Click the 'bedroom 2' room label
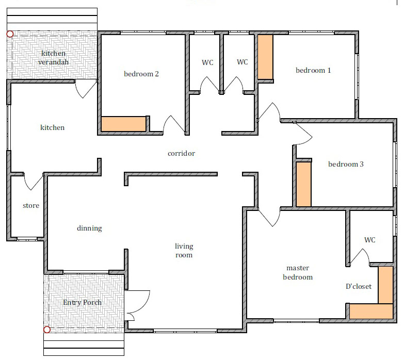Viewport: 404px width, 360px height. point(141,74)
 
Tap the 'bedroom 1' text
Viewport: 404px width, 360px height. point(313,70)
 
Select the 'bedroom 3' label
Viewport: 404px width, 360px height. point(346,164)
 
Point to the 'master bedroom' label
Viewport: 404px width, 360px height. point(298,272)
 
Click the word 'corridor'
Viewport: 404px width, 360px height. point(182,154)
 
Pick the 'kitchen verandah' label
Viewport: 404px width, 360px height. point(53,57)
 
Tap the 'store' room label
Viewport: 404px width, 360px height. point(31,205)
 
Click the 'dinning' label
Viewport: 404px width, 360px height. point(89,228)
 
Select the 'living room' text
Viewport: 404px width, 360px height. point(184,250)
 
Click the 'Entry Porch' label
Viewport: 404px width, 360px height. point(82,302)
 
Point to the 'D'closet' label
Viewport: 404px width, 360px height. point(359,286)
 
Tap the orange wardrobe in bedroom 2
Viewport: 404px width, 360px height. point(124,124)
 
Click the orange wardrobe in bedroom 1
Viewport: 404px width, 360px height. point(265,57)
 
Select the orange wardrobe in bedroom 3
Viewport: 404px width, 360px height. point(303,184)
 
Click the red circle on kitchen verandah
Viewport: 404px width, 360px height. point(10,34)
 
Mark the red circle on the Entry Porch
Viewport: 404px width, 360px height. point(46,330)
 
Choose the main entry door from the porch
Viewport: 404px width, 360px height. point(137,305)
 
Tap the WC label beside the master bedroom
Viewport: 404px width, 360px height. point(370,240)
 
